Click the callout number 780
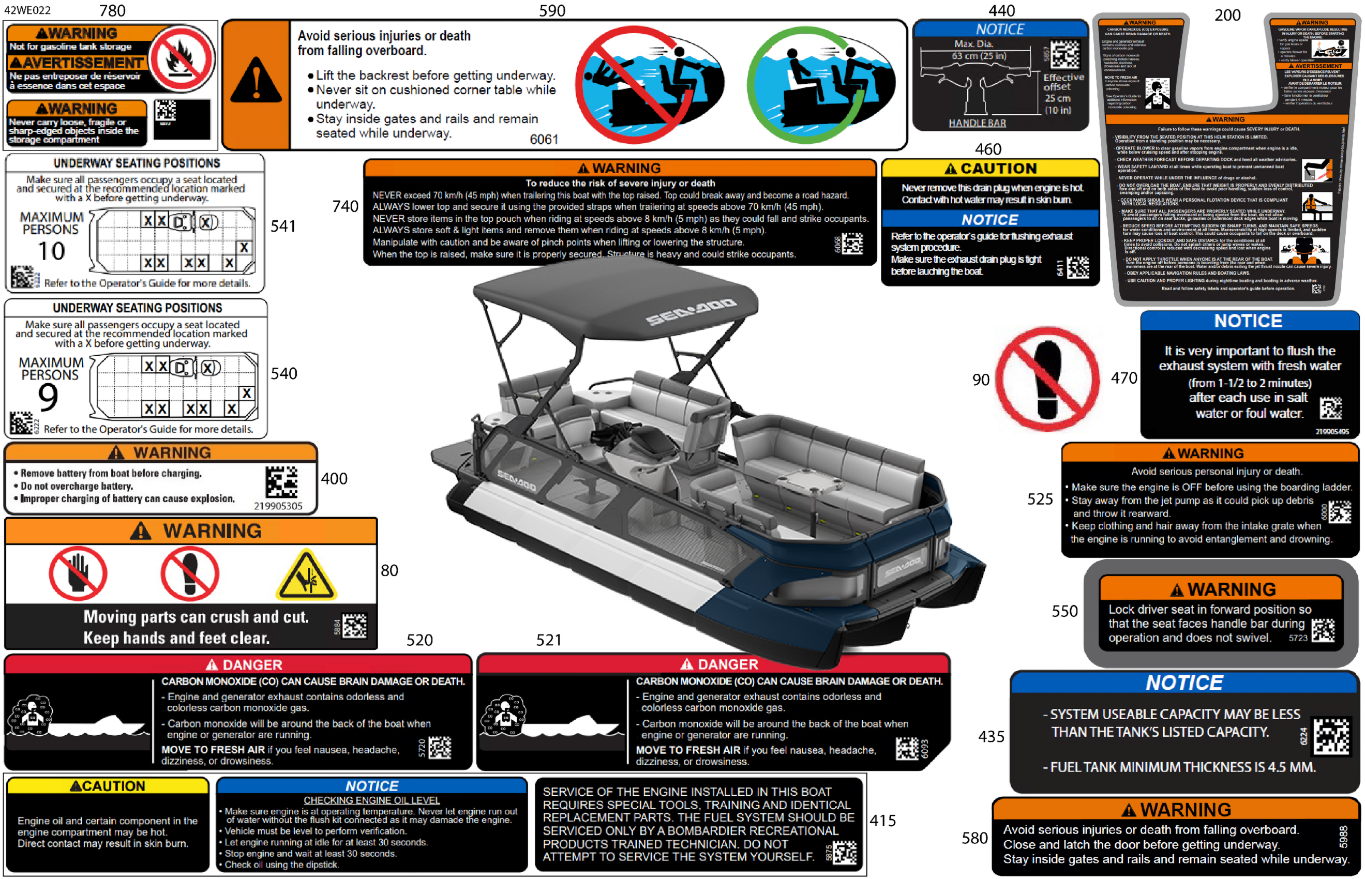[x=112, y=11]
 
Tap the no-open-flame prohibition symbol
[x=182, y=59]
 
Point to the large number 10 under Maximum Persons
[x=51, y=251]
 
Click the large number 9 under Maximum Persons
[x=48, y=397]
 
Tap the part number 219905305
[x=278, y=506]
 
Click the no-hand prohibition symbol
[x=78, y=573]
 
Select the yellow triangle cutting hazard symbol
[x=306, y=575]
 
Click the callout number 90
[x=980, y=380]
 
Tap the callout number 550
[x=1064, y=611]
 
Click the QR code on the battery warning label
[x=281, y=482]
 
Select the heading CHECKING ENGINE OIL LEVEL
[x=372, y=800]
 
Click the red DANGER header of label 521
[x=713, y=664]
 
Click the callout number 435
[x=991, y=736]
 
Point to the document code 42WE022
[x=27, y=10]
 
